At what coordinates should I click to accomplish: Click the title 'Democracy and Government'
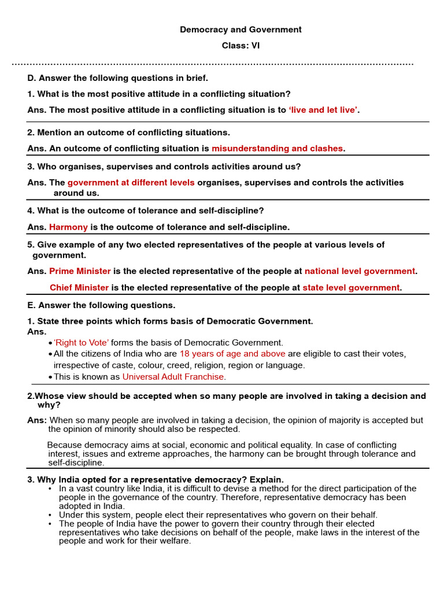[x=240, y=29]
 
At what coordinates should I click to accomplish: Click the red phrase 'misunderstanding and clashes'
[x=277, y=149]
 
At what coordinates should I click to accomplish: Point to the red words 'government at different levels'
[x=131, y=183]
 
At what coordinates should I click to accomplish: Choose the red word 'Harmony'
[x=68, y=227]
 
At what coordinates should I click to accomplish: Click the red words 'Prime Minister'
[x=80, y=271]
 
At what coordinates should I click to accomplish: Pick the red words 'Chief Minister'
[x=79, y=287]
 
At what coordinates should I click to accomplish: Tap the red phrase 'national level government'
[x=360, y=271]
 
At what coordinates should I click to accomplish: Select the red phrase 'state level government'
[x=351, y=287]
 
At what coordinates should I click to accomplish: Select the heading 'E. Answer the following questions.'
[x=101, y=305]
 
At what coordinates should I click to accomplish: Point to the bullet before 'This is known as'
[x=51, y=378]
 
